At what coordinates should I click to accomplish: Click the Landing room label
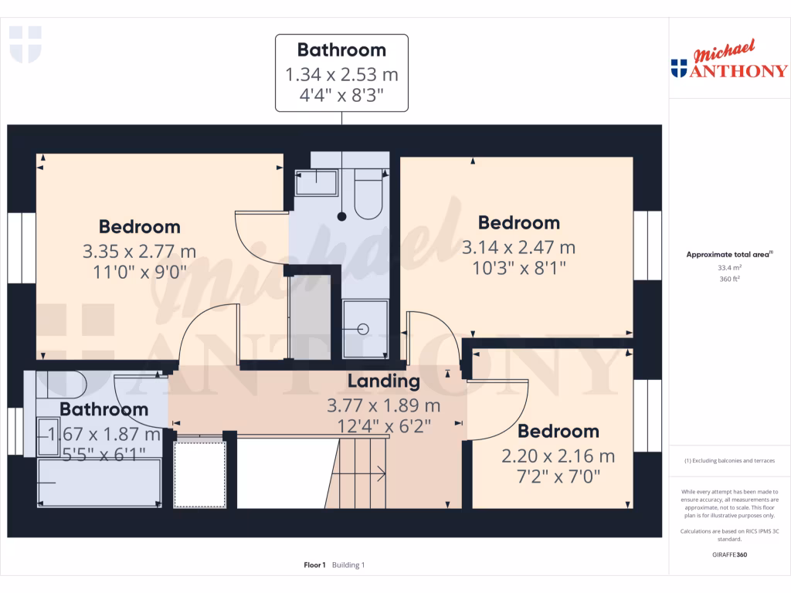383,381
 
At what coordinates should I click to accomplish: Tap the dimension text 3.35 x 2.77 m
139,252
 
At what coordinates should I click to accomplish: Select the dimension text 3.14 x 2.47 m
518,248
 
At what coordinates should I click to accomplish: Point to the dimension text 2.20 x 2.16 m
558,456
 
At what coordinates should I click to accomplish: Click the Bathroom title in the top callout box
341,50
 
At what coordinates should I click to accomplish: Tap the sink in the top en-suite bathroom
317,183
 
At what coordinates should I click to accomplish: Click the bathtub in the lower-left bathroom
99,483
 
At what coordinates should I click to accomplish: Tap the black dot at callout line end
341,217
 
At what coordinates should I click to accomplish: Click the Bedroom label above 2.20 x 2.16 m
558,432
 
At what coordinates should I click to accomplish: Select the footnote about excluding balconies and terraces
730,461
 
